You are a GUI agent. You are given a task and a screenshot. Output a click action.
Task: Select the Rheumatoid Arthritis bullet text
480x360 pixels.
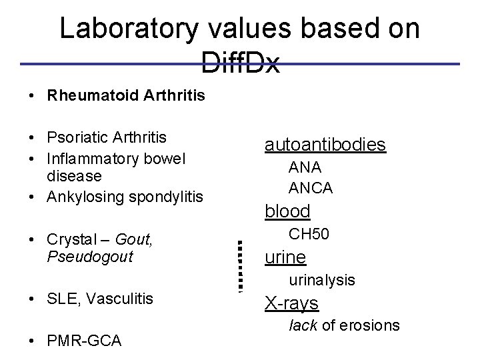(x=126, y=96)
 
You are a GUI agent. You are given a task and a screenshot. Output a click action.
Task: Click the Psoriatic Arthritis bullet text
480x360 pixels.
(x=107, y=137)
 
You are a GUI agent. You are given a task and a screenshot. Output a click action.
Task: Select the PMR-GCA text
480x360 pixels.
(x=84, y=341)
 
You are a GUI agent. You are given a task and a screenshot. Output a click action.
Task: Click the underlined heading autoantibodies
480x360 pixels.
(x=325, y=144)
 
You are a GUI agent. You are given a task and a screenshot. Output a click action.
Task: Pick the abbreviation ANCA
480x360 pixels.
(x=311, y=188)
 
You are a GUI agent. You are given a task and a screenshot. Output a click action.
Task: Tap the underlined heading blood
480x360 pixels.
(x=288, y=211)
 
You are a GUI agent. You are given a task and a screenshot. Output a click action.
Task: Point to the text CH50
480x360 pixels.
(x=309, y=234)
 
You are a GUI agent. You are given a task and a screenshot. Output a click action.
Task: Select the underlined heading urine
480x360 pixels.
(x=285, y=257)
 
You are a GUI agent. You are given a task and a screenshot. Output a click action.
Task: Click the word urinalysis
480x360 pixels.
(x=322, y=281)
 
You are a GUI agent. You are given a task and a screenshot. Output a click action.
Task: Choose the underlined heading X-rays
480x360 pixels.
(x=292, y=303)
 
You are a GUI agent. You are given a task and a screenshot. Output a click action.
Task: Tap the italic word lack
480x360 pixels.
(x=301, y=325)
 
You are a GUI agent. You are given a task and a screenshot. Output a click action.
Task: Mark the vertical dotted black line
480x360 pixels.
(x=241, y=265)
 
